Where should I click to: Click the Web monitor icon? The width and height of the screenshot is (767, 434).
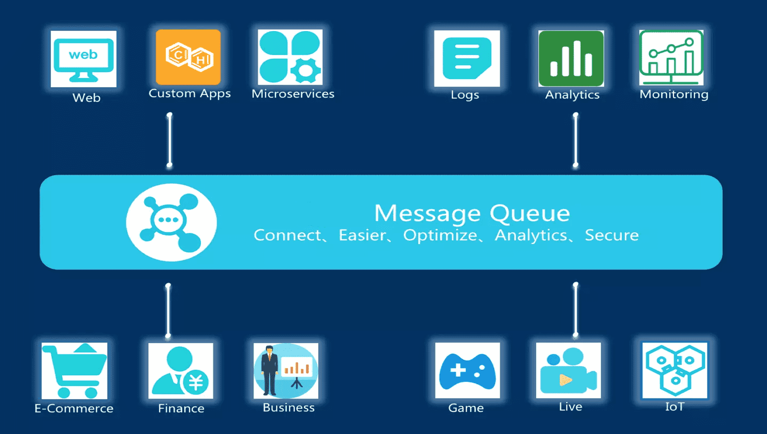pyautogui.click(x=83, y=59)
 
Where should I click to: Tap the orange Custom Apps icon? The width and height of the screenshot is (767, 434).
pyautogui.click(x=188, y=57)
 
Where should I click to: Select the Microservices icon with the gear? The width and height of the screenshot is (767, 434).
pyautogui.click(x=290, y=57)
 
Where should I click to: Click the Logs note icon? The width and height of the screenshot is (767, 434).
pyautogui.click(x=467, y=59)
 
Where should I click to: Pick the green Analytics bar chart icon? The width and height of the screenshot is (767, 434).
pyautogui.click(x=571, y=59)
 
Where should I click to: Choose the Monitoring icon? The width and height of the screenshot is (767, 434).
pyautogui.click(x=671, y=58)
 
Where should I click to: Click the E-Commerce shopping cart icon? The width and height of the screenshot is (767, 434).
pyautogui.click(x=74, y=371)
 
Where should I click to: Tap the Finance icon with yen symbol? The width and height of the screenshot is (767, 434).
pyautogui.click(x=181, y=371)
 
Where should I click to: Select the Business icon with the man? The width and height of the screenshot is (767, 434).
pyautogui.click(x=286, y=371)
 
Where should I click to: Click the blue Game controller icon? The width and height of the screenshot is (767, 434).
pyautogui.click(x=467, y=371)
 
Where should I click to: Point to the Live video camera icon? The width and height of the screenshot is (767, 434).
pyautogui.click(x=569, y=371)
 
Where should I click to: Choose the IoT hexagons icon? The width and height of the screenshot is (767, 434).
pyautogui.click(x=675, y=370)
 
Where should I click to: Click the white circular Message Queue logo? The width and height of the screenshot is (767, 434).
pyautogui.click(x=171, y=222)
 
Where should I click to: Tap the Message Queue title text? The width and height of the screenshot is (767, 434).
pyautogui.click(x=472, y=213)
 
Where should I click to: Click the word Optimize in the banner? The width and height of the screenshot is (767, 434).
pyautogui.click(x=440, y=235)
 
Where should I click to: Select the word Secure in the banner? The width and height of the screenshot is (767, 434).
pyautogui.click(x=612, y=235)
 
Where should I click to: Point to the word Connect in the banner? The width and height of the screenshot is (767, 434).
pyautogui.click(x=287, y=235)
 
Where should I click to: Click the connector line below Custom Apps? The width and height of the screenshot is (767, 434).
pyautogui.click(x=170, y=140)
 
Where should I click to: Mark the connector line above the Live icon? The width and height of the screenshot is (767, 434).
pyautogui.click(x=575, y=309)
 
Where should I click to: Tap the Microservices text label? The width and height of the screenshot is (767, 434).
pyautogui.click(x=293, y=94)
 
